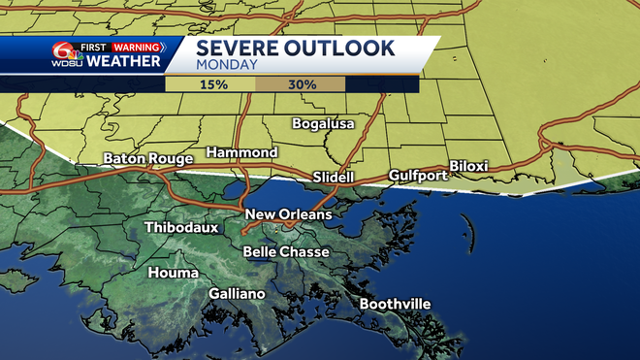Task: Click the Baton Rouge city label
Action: (144, 158)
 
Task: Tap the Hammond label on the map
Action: (242, 152)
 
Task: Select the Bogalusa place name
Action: (324, 123)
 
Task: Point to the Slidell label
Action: (334, 178)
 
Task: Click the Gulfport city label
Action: (417, 176)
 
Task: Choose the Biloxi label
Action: (468, 166)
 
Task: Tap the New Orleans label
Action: (288, 214)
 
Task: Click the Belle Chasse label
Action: (286, 251)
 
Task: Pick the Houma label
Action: (173, 273)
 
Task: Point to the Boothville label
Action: (395, 304)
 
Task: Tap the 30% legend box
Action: (301, 84)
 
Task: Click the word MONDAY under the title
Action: (226, 66)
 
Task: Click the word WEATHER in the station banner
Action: (122, 62)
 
